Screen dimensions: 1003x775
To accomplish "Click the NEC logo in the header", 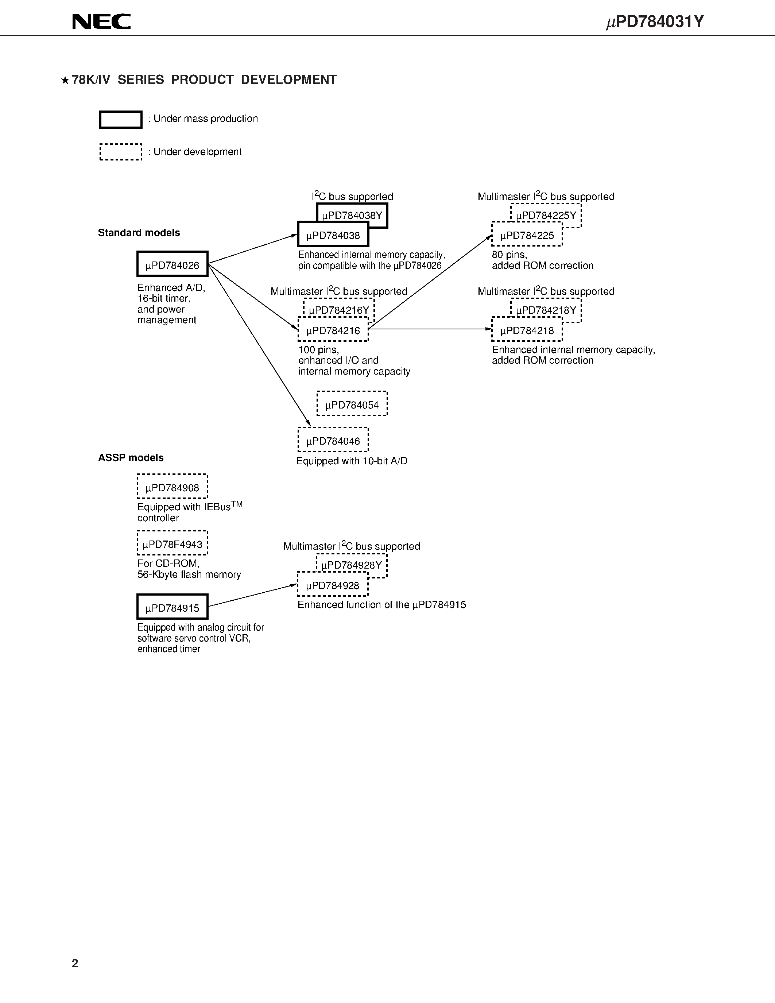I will coord(101,22).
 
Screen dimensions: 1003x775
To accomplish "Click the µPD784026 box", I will coord(172,264).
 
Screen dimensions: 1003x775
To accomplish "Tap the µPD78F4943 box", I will coord(172,544).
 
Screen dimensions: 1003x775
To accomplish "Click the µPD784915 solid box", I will coord(172,607).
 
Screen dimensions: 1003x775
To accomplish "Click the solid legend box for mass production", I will coord(121,119).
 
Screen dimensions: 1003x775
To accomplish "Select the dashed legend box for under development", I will coord(121,152).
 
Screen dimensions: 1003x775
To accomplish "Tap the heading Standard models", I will coord(139,233).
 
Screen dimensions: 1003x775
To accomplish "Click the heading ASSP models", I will coord(131,458).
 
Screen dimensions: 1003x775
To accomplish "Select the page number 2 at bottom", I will coord(75,964).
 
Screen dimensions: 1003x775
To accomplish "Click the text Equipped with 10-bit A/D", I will coord(352,461).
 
